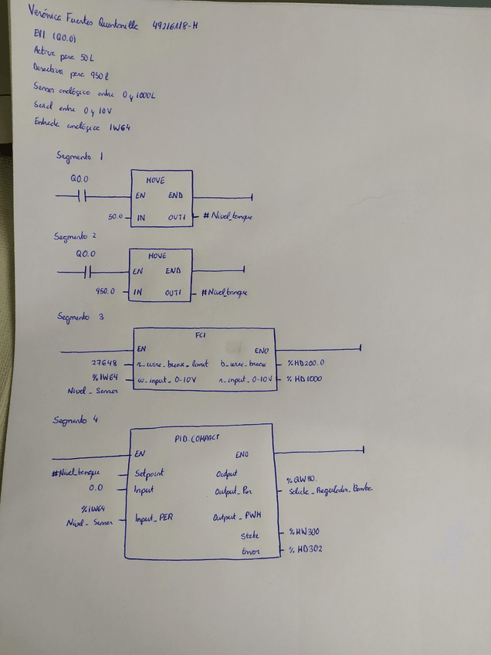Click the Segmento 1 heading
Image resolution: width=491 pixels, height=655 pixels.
(80, 156)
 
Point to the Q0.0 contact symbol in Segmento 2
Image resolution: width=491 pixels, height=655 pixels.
(86, 271)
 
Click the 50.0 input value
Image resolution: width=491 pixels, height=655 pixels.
(117, 218)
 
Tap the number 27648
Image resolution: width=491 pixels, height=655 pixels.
(104, 362)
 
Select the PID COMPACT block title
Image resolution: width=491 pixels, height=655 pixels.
(197, 437)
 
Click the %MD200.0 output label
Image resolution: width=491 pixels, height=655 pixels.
(306, 362)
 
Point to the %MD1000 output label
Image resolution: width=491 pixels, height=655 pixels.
(305, 378)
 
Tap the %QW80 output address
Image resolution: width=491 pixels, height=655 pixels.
(303, 480)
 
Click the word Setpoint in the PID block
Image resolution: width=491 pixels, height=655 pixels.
(149, 472)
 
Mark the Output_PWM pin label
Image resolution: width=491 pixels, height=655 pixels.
(235, 517)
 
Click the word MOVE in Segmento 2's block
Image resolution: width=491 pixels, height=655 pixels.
(157, 255)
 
